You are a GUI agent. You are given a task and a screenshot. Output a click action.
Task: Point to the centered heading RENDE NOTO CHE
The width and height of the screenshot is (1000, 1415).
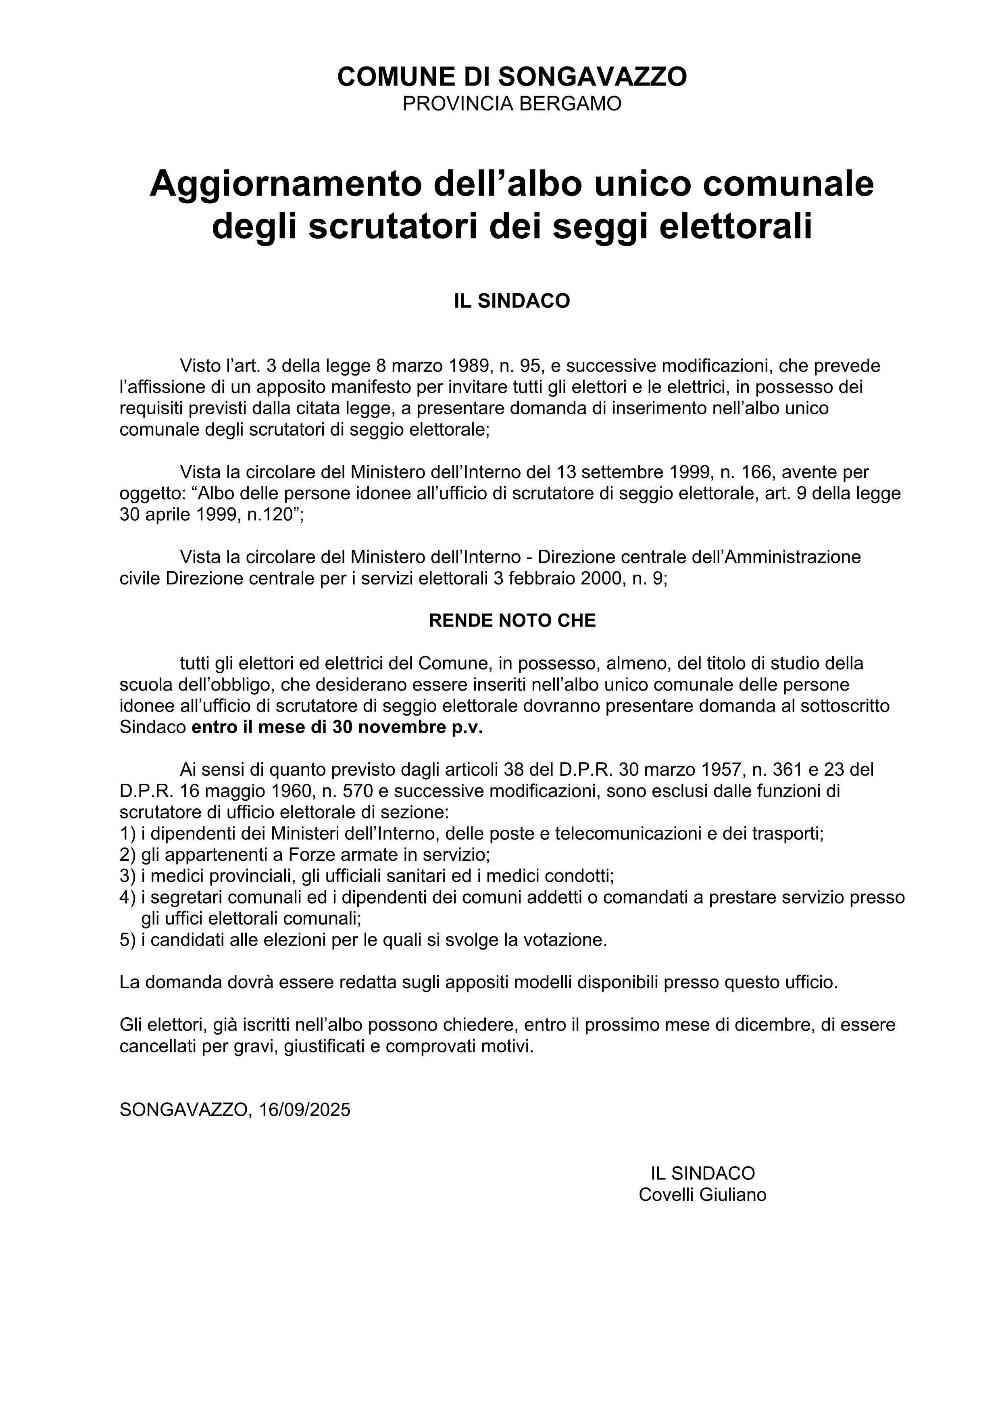pyautogui.click(x=512, y=621)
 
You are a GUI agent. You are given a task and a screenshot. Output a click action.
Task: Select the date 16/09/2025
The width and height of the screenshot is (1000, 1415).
pyautogui.click(x=305, y=1110)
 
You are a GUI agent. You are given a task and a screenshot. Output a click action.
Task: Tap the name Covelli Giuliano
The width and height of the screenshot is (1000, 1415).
pyautogui.click(x=702, y=1195)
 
